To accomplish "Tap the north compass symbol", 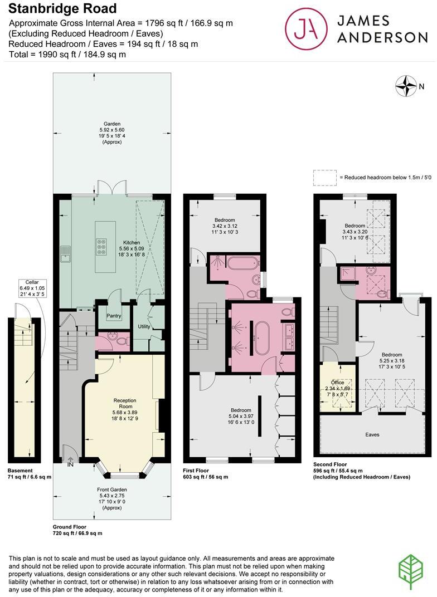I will pyautogui.click(x=406, y=86).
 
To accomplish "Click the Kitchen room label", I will pyautogui.click(x=132, y=243).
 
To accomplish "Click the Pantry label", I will pyautogui.click(x=114, y=316).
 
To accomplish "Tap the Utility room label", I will pyautogui.click(x=144, y=326).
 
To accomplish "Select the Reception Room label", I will pyautogui.click(x=125, y=404).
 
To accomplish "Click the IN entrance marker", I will pyautogui.click(x=70, y=464).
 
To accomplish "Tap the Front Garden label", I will pyautogui.click(x=109, y=490).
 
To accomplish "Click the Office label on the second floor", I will pyautogui.click(x=337, y=383).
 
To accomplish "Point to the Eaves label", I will pyautogui.click(x=372, y=434).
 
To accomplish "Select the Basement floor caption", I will pyautogui.click(x=20, y=470).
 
